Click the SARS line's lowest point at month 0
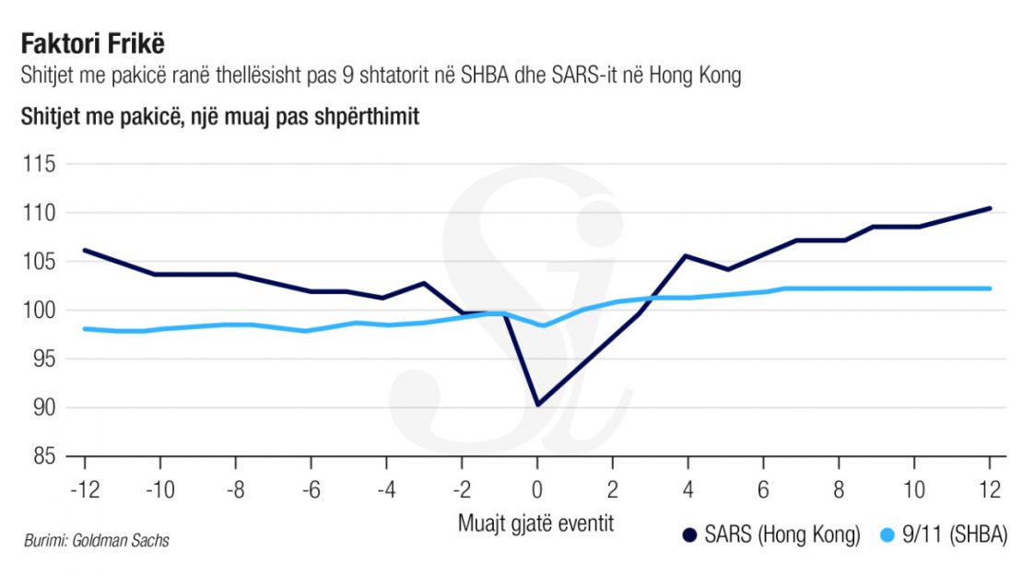(x=537, y=405)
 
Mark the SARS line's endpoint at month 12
(x=990, y=208)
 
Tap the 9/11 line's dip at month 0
(x=543, y=325)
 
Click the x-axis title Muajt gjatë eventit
(x=535, y=522)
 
